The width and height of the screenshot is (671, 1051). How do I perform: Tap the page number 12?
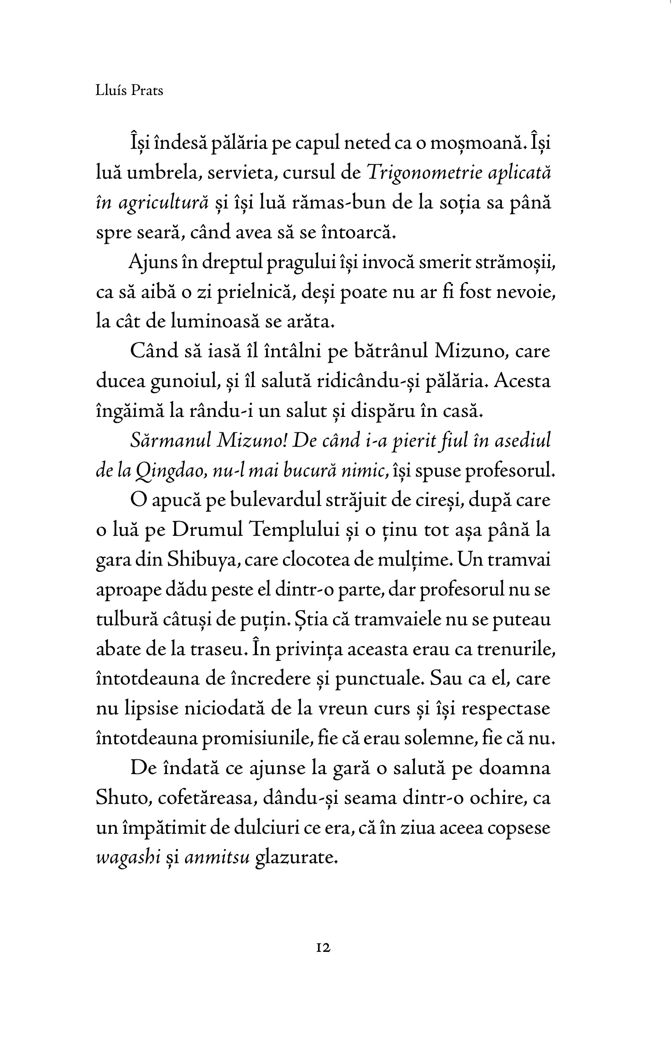323,948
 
